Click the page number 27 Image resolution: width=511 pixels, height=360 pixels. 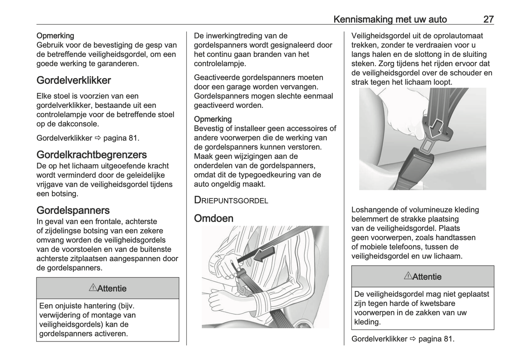tap(488, 19)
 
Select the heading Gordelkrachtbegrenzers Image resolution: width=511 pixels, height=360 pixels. tap(92, 155)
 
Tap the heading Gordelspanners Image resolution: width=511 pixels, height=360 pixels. tap(73, 210)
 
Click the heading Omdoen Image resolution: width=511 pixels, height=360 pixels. tap(214, 218)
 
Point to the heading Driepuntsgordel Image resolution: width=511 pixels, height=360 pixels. tap(231, 200)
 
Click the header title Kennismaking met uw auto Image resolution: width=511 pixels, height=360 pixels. tap(390, 19)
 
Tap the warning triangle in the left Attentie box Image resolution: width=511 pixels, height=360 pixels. tap(93, 288)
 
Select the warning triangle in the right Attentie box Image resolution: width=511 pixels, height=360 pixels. tap(408, 276)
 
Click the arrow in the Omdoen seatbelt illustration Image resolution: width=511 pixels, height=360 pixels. tap(265, 254)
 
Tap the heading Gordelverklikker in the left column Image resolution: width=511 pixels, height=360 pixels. tap(74, 80)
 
